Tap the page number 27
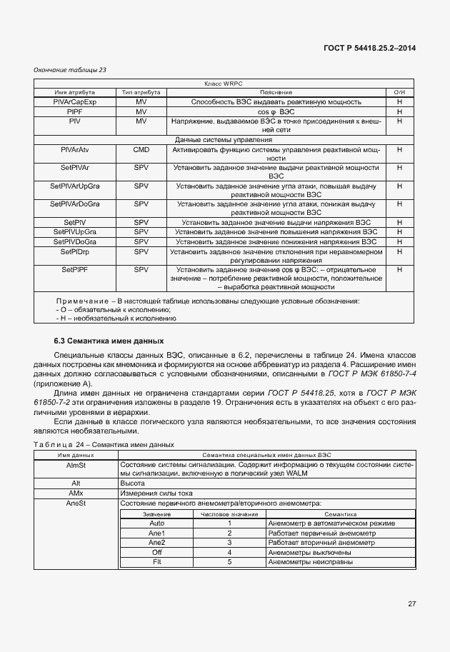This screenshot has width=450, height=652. (411, 604)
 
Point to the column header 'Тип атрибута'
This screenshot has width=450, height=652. (141, 93)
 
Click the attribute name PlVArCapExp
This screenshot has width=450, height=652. (74, 102)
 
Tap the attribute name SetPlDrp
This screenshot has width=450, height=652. (74, 251)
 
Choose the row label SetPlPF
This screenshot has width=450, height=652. (74, 269)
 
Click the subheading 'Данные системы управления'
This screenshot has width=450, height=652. (219, 139)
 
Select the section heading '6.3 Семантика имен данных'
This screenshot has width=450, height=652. (109, 341)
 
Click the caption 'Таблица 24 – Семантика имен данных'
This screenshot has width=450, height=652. (104, 444)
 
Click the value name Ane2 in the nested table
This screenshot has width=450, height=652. (156, 542)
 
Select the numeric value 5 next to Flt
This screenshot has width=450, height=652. (229, 562)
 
